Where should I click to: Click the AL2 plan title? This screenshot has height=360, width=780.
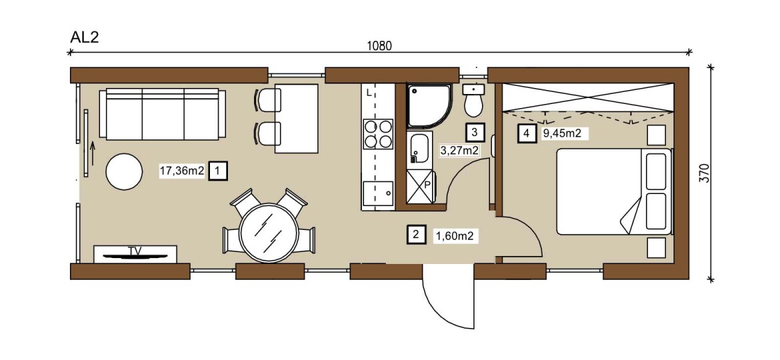(x=85, y=38)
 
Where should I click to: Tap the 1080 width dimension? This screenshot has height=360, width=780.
(x=379, y=46)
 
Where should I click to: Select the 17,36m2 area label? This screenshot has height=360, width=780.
(x=181, y=171)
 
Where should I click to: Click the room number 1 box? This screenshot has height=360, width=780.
(x=219, y=171)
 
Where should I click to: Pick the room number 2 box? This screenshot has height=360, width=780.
(x=416, y=234)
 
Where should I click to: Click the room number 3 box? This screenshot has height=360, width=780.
(x=474, y=132)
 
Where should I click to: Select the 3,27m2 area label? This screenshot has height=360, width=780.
(x=459, y=151)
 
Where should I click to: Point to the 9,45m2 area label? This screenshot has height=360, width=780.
(x=562, y=133)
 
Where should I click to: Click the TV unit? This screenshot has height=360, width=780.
(x=135, y=253)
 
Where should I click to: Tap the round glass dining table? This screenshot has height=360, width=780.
(x=269, y=233)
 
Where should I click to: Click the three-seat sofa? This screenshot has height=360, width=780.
(x=162, y=114)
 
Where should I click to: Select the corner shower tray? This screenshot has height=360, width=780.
(x=429, y=105)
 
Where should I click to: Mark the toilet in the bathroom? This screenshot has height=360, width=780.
(x=473, y=101)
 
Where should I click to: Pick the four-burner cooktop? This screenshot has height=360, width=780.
(x=378, y=134)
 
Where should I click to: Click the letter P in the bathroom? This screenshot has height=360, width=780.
(x=427, y=184)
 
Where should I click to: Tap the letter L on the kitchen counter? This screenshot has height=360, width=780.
(x=369, y=93)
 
